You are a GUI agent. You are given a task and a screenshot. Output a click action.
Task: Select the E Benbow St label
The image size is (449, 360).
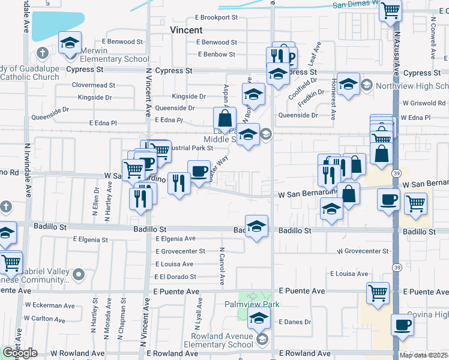pos(217,55)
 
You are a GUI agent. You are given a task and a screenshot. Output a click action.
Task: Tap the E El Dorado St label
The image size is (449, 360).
pos(175,277)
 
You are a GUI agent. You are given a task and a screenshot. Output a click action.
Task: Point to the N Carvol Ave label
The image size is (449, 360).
pos(221,266)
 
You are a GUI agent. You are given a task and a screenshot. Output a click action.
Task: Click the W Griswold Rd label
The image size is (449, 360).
pos(424,103)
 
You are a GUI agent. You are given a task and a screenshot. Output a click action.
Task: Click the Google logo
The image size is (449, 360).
pos(19,353)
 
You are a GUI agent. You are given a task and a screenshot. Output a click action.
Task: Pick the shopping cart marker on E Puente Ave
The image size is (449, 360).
pos(378,293)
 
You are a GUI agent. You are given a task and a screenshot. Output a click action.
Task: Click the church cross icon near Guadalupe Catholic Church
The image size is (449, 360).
pos(42,53)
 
